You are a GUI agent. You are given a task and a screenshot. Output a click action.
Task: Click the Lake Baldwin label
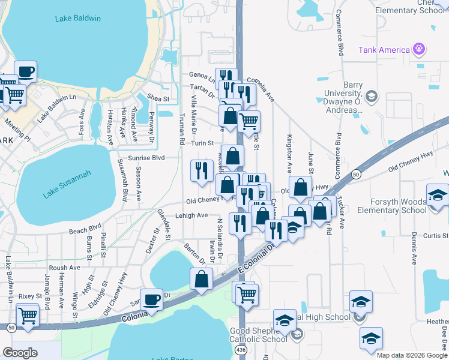[x=78, y=19]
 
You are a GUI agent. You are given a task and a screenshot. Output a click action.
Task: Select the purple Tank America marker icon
[x=418, y=49]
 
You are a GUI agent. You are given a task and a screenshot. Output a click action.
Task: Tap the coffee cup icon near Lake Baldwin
[x=26, y=72]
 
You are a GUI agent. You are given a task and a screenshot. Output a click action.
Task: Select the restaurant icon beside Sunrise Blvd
[x=202, y=170]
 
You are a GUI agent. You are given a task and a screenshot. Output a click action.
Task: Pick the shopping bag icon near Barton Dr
[x=201, y=280]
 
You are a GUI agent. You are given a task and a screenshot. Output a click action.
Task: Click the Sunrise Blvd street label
[x=149, y=158]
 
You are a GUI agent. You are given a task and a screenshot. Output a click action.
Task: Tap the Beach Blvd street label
[x=85, y=229]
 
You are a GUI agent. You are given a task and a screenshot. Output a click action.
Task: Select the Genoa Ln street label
[x=202, y=76]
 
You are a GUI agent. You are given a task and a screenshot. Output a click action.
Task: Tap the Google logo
[x=20, y=353]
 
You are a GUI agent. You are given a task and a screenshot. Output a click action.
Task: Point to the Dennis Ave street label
[x=414, y=248]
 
